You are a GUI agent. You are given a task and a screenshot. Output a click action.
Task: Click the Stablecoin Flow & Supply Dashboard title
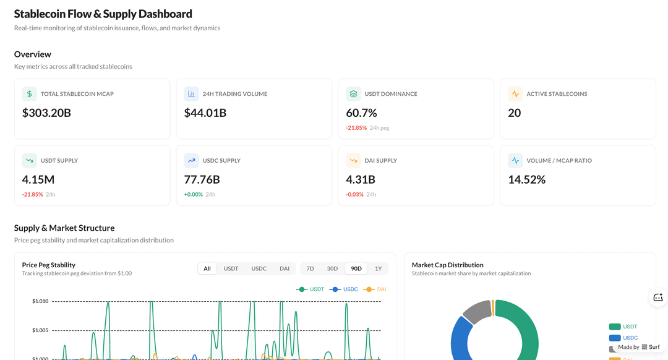pos(103,14)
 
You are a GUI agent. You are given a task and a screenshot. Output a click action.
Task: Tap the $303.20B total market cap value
pos(46,113)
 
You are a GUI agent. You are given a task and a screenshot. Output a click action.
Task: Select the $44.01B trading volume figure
pos(205,113)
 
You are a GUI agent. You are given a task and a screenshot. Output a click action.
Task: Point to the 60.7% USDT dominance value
pos(361,113)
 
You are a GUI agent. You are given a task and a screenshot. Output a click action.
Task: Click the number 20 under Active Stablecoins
pos(514,113)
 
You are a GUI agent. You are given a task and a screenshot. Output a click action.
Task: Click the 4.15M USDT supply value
pos(38,179)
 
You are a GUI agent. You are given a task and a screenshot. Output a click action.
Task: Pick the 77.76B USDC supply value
pos(202,179)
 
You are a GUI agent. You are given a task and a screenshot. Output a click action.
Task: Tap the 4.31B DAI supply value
pos(361,179)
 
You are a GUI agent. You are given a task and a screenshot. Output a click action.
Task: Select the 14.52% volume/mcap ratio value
pos(526,179)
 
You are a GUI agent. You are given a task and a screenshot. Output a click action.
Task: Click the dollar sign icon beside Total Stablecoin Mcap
pos(29,94)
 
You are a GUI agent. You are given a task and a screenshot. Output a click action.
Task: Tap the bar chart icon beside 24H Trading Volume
pos(191,94)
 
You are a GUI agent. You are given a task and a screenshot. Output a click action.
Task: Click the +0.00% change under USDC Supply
pos(193,194)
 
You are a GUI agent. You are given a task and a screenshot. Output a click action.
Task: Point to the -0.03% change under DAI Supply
pos(355,194)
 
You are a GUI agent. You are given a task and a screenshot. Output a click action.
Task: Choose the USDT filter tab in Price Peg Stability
pos(231,268)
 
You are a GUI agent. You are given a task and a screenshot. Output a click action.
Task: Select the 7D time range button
pos(310,268)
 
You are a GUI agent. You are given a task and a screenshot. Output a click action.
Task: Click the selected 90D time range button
pos(356,268)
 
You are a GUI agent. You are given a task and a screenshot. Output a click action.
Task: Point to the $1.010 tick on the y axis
pos(40,301)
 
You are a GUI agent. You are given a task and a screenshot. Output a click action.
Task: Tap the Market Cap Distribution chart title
pos(447,265)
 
